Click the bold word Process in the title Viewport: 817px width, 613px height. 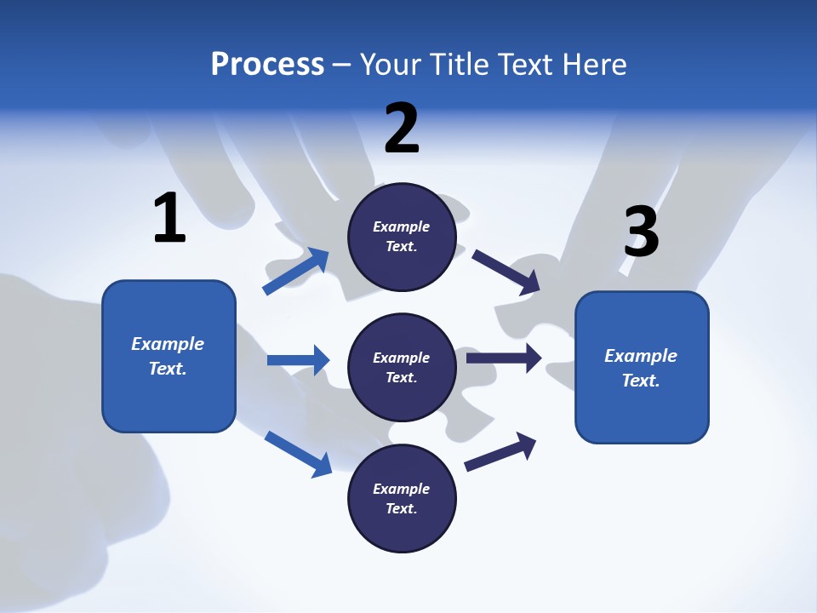[x=267, y=65]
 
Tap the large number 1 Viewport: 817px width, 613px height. [x=169, y=219]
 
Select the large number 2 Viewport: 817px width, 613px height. [x=402, y=129]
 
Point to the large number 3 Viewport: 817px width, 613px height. [x=641, y=232]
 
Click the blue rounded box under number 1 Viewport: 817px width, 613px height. [x=169, y=356]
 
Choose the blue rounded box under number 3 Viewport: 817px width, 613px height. [x=642, y=367]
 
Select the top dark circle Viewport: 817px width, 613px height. [x=402, y=237]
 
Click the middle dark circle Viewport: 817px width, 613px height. [x=402, y=367]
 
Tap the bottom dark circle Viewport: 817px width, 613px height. [x=402, y=498]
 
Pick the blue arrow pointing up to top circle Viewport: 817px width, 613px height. [x=296, y=271]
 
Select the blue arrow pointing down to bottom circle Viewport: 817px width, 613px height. [x=298, y=453]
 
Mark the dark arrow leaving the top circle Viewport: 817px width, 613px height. [x=506, y=272]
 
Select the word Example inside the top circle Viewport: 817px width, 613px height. [x=402, y=226]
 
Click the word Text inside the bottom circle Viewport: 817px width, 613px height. [x=400, y=508]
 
